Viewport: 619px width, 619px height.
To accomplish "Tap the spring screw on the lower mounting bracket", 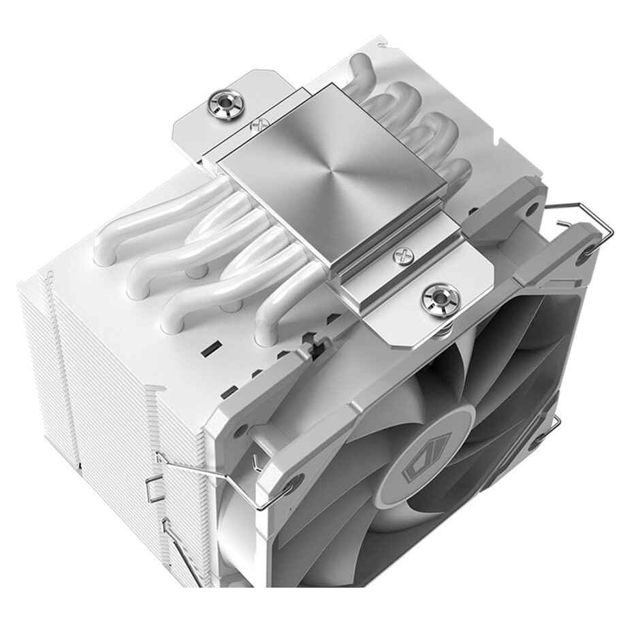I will pos(434,298).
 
